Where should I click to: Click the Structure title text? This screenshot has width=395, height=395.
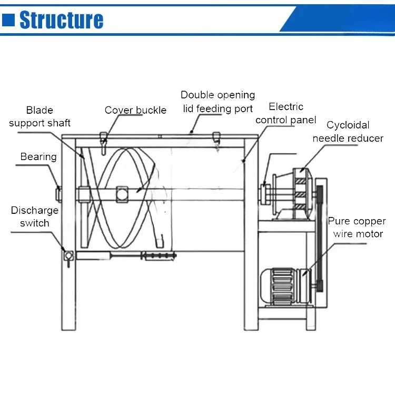61,19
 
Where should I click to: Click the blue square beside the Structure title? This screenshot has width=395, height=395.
8,19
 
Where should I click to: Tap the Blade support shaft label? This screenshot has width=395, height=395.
39,116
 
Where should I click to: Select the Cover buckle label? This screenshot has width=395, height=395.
135,110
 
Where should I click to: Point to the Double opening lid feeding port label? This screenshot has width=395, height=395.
218,102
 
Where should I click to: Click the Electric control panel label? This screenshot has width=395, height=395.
286,113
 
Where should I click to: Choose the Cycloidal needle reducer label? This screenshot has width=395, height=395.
348,132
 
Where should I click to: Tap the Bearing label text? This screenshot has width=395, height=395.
38,156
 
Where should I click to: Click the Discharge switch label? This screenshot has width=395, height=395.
35,216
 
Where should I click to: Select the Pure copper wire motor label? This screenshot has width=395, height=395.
357,228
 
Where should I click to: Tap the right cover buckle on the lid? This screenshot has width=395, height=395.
215,139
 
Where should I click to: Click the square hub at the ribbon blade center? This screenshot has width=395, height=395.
122,193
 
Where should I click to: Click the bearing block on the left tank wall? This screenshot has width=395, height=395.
60,193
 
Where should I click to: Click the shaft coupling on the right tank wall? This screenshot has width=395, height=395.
264,193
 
